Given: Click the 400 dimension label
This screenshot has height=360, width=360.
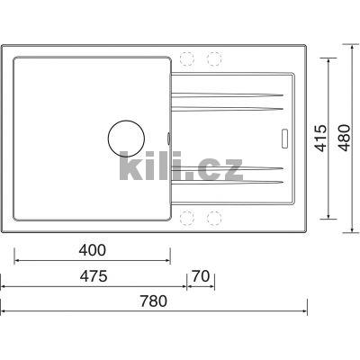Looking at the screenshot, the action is point(93,250).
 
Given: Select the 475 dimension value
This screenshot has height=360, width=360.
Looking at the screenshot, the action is point(94,276).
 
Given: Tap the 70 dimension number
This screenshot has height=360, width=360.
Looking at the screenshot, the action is point(201,276).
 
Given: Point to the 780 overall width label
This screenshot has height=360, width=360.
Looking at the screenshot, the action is point(154,301).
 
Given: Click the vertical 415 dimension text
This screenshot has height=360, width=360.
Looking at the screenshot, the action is point(321,138).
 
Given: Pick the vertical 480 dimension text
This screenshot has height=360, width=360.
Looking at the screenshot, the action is point(344,138).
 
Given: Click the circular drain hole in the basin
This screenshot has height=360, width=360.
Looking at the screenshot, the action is point(126,139).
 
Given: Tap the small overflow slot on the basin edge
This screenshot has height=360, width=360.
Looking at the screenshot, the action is point(169,138).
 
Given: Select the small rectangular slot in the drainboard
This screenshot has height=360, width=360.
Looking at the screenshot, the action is point(284,139).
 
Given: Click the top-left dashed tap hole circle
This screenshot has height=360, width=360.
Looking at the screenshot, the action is point(186,58).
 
